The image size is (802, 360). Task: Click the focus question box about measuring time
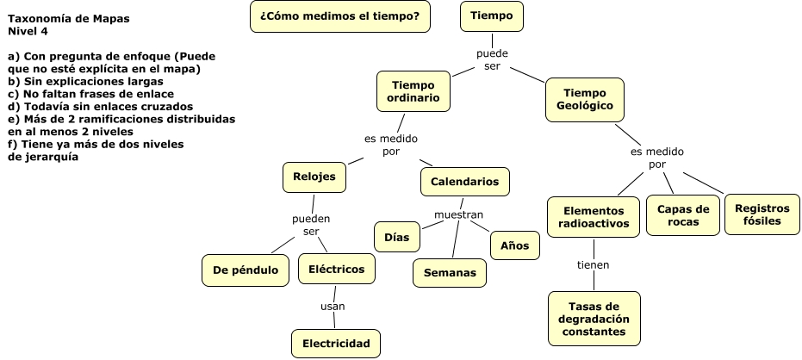(339, 16)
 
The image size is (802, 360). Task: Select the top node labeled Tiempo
(491, 16)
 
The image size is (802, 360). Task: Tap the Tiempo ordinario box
(414, 91)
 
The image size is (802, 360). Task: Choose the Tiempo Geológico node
(585, 99)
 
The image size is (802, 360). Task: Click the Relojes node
(314, 177)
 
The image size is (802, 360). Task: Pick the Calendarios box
(464, 182)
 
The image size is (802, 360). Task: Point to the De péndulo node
(246, 270)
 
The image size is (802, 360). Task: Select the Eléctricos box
(336, 269)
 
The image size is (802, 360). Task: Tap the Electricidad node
(336, 344)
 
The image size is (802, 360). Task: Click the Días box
(396, 236)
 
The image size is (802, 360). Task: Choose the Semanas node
(450, 272)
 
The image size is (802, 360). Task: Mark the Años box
(514, 245)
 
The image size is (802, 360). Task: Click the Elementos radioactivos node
(593, 217)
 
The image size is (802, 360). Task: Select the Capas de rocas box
(683, 214)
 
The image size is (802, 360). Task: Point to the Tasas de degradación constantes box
(594, 318)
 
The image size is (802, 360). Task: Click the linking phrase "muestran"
(458, 214)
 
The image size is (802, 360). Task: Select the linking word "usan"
(333, 306)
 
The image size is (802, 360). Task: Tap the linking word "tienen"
(593, 264)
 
